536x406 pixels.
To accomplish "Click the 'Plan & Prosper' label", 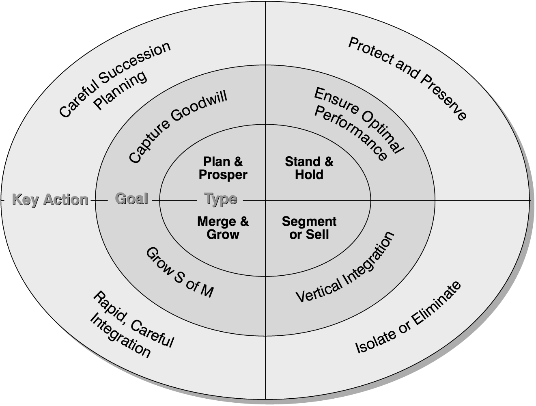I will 223,168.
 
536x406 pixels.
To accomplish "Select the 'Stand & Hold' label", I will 309,168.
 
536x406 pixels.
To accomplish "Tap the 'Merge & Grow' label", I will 223,228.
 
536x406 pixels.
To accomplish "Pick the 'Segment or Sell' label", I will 309,228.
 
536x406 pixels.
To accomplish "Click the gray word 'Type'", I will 221,199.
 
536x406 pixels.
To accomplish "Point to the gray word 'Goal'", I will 131,199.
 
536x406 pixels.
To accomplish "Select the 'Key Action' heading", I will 50,199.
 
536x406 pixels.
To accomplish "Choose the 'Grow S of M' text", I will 179,272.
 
